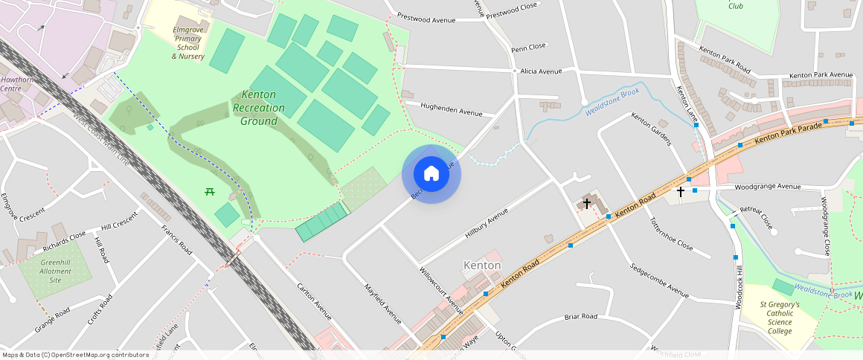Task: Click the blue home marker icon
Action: (431, 174)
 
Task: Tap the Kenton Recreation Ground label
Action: (258, 108)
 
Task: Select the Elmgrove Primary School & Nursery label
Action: (187, 42)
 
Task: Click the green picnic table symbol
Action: (210, 192)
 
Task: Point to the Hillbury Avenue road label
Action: (486, 222)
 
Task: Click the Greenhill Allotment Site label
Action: (56, 271)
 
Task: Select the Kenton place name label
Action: (482, 266)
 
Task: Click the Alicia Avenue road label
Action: (541, 71)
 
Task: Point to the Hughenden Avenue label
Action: (451, 109)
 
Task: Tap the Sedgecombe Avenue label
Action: (658, 279)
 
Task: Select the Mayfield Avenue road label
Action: (382, 303)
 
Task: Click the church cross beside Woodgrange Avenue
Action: (680, 192)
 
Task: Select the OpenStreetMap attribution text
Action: (76, 355)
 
